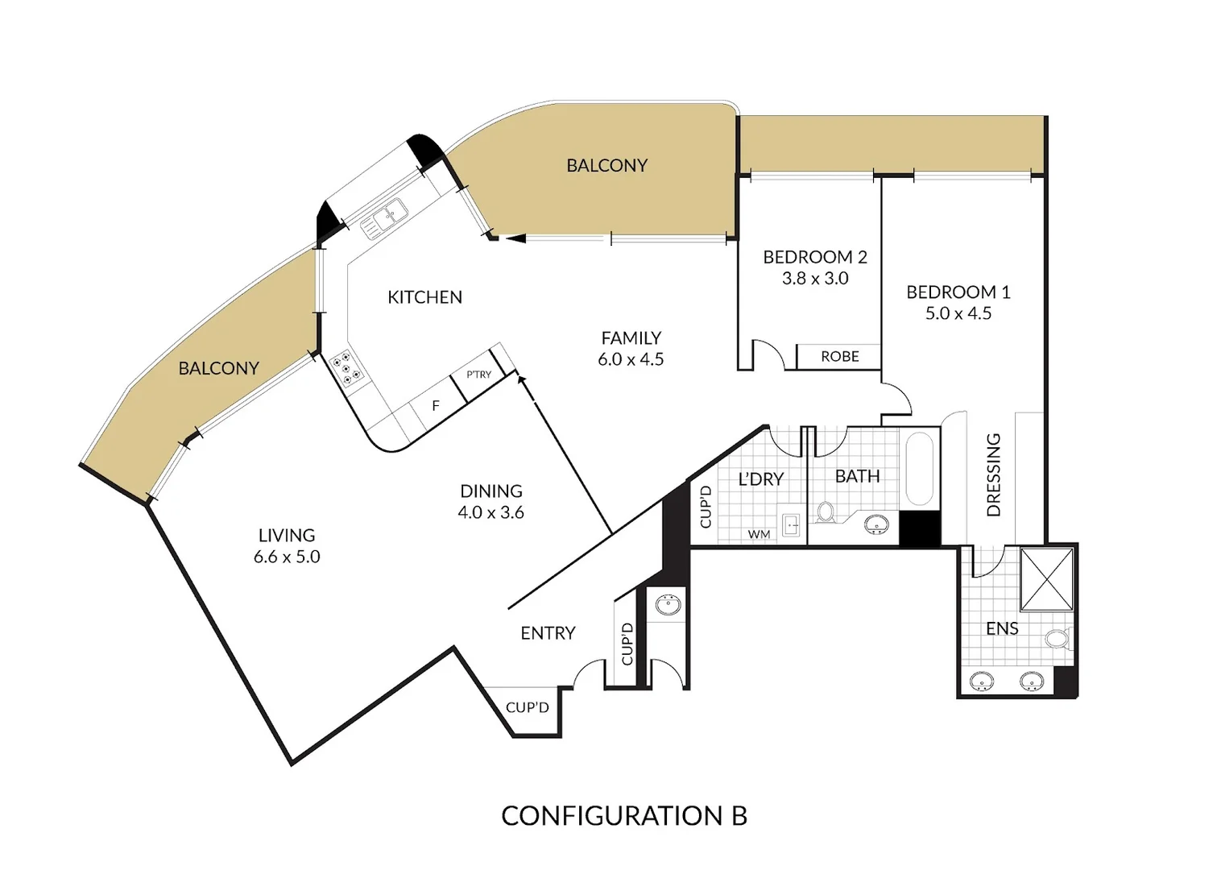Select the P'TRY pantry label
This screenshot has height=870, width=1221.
(478, 375)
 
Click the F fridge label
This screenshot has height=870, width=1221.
(436, 406)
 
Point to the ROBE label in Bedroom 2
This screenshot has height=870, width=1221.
(839, 356)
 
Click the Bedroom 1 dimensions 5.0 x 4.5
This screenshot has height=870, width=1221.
(958, 313)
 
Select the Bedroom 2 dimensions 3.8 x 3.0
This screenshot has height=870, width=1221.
(815, 279)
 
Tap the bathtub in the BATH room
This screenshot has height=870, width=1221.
(919, 469)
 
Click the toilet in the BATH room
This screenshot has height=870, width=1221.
(826, 512)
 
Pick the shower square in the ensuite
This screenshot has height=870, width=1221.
(1047, 579)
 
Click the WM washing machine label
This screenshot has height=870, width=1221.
(759, 534)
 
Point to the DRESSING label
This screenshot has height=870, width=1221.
(994, 474)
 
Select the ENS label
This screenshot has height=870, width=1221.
(1002, 628)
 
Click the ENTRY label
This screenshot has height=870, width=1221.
(548, 633)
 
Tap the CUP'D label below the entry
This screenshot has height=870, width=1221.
(527, 707)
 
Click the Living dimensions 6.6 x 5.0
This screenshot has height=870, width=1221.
(287, 557)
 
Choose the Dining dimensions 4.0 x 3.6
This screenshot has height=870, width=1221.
(490, 512)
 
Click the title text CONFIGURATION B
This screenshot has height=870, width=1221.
(624, 816)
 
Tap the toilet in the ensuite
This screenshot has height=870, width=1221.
(1057, 640)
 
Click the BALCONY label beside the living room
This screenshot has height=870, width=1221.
(218, 368)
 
